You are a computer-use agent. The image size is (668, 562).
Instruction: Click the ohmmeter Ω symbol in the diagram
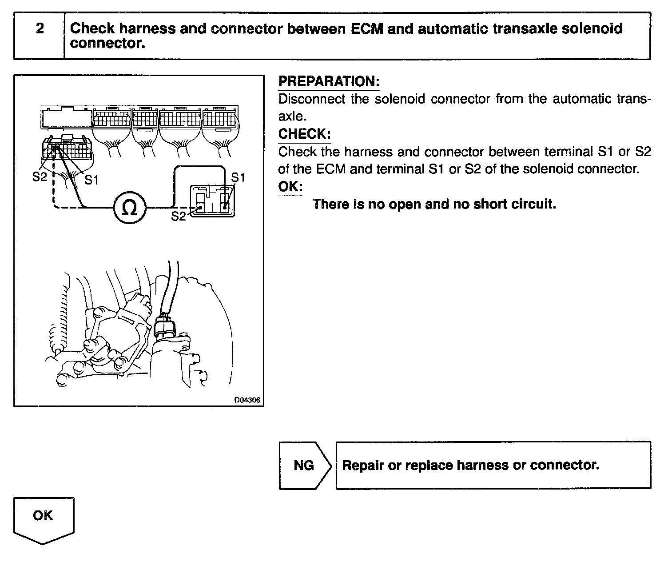click(x=129, y=208)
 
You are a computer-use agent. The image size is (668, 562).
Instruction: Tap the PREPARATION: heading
click(x=329, y=81)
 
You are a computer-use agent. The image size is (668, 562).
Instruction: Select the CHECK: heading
click(x=304, y=134)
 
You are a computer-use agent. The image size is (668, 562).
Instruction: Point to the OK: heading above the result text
click(x=290, y=186)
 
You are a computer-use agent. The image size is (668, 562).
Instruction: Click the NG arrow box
click(x=305, y=465)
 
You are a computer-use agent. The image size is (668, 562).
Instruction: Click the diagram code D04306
click(x=247, y=400)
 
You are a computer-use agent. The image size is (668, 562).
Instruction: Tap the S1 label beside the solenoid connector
click(x=238, y=177)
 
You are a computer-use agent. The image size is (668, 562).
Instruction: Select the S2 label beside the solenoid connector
click(x=179, y=216)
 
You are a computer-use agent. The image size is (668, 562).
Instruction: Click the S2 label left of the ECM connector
click(x=40, y=177)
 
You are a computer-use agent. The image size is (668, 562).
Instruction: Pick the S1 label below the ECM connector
click(x=91, y=180)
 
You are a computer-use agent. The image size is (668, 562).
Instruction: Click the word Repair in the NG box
click(x=363, y=465)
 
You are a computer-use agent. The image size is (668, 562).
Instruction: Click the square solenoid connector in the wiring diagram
click(x=212, y=201)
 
